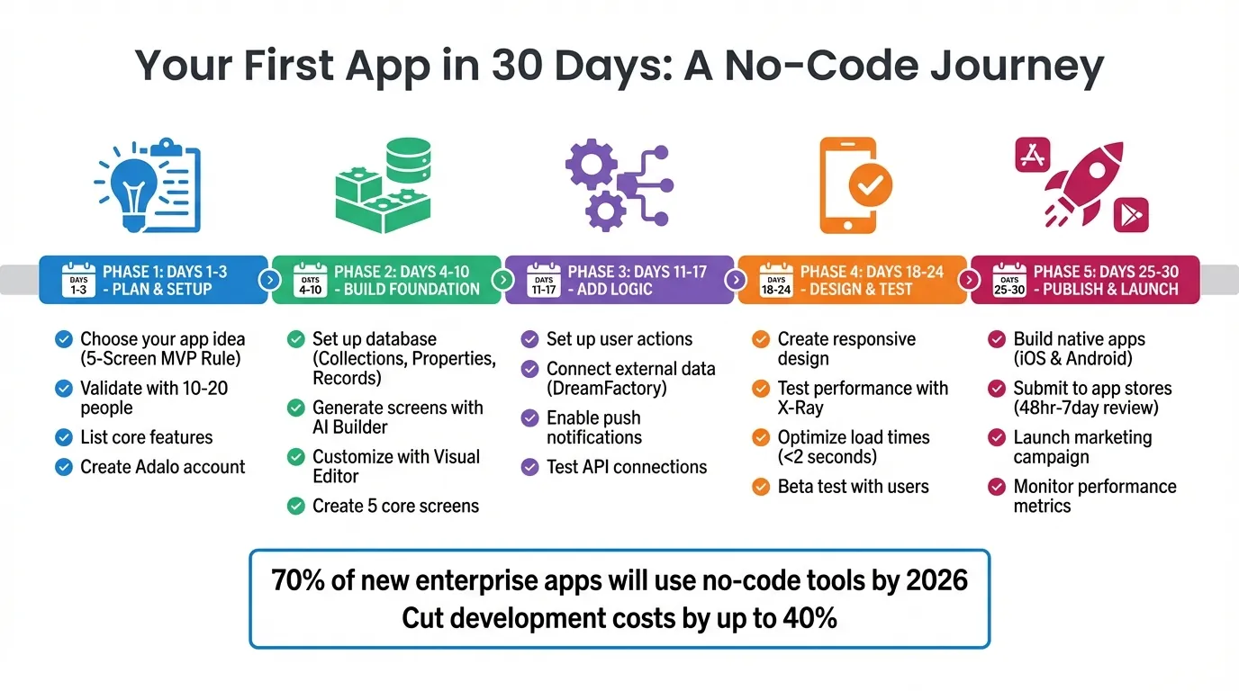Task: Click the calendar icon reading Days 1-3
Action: pyautogui.click(x=78, y=280)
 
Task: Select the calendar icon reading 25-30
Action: pyautogui.click(x=1010, y=280)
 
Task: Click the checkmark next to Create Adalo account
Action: pyautogui.click(x=64, y=467)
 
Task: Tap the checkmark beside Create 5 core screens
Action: pyautogui.click(x=296, y=506)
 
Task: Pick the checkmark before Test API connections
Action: pyautogui.click(x=530, y=467)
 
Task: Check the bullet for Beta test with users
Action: pyautogui.click(x=761, y=487)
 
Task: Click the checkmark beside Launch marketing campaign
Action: pyautogui.click(x=997, y=438)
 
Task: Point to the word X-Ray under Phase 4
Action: pyautogui.click(x=800, y=408)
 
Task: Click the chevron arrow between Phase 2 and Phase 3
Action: pyautogui.click(x=502, y=280)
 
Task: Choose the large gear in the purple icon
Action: pyautogui.click(x=591, y=165)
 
